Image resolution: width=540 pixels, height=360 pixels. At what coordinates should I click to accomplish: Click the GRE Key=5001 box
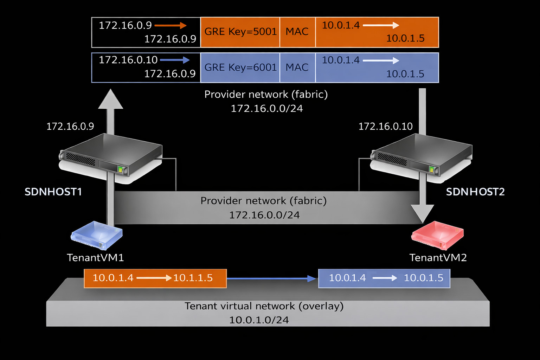240,32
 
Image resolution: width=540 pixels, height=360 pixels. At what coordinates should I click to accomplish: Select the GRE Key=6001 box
240,67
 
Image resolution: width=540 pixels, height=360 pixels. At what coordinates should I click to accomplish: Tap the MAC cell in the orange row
297,32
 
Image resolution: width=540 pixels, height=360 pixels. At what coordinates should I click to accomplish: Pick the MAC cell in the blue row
297,67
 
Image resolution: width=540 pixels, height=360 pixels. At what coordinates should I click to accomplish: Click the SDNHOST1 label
53,192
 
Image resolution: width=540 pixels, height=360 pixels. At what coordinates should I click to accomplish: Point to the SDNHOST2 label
475,192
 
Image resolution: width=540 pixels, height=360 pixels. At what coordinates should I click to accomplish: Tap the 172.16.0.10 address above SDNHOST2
385,127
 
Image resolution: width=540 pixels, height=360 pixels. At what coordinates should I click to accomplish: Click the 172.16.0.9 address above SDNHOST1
70,127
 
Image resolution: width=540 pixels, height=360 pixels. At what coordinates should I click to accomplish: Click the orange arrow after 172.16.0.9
171,25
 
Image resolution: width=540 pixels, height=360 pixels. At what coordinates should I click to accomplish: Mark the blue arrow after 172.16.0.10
175,60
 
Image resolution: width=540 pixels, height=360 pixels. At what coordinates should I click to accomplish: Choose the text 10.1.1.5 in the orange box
193,278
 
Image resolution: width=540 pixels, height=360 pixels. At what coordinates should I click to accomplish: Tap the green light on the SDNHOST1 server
120,169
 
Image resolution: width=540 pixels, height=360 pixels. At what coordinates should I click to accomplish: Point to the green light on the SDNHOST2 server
432,169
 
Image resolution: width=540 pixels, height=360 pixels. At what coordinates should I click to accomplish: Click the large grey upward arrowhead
111,99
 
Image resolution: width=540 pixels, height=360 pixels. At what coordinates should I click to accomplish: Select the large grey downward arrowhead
423,213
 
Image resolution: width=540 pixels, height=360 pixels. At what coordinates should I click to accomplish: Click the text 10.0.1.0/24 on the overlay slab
259,320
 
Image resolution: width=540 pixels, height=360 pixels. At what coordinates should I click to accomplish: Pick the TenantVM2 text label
438,258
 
